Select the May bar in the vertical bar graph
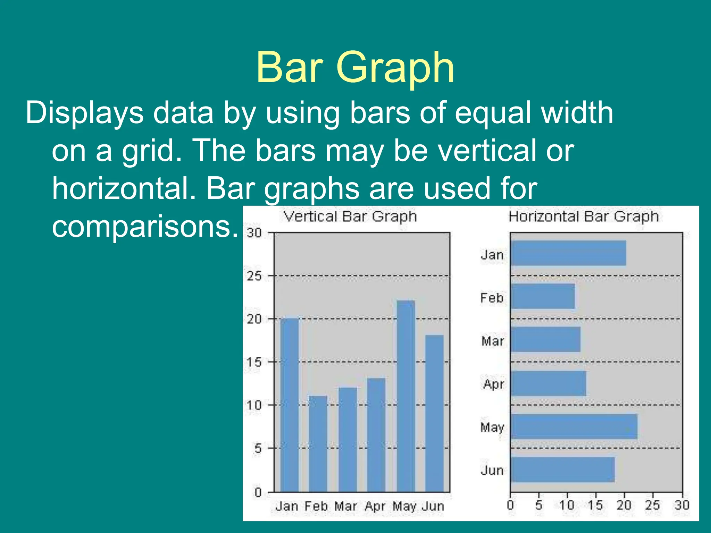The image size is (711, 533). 406,396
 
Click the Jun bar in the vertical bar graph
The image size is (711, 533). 434,413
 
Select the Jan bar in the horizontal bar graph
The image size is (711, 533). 568,253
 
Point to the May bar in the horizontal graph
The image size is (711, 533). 574,426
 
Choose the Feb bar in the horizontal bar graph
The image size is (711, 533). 543,296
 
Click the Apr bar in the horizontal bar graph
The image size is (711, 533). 549,383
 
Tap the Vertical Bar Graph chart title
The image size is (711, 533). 350,217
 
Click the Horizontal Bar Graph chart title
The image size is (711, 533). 584,217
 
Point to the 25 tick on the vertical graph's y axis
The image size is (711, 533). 254,276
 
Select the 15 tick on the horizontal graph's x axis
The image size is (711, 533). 595,505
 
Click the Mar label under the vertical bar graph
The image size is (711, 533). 345,506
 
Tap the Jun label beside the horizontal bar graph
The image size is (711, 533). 492,470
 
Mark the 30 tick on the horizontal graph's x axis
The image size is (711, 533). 681,505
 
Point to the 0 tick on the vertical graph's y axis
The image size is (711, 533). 258,492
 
